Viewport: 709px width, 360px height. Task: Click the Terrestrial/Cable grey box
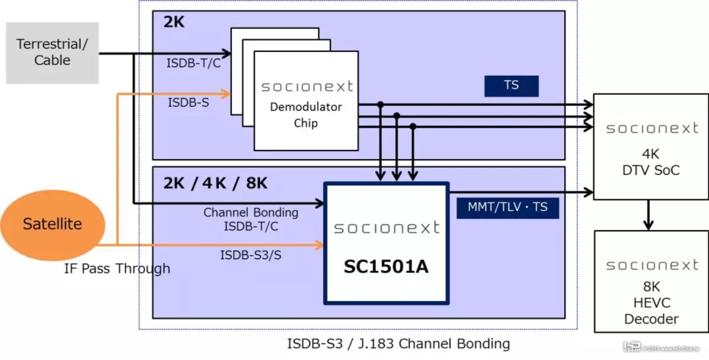tap(52, 53)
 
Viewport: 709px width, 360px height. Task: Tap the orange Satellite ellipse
tap(52, 224)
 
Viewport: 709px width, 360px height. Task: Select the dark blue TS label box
tap(511, 86)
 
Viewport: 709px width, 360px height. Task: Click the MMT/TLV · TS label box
tap(508, 208)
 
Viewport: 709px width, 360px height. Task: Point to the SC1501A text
tap(386, 267)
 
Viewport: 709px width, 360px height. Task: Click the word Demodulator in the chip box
tap(306, 107)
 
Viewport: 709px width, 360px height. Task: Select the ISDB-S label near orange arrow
tap(188, 103)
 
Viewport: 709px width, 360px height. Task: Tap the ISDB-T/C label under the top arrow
tap(194, 64)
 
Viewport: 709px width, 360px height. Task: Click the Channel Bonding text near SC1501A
tap(250, 213)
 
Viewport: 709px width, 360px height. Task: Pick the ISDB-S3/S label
tap(250, 255)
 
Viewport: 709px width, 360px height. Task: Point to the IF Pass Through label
tap(117, 268)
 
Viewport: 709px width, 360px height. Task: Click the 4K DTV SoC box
tap(651, 147)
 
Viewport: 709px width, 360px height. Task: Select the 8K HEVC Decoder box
tap(651, 282)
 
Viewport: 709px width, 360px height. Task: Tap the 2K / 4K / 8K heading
tap(215, 183)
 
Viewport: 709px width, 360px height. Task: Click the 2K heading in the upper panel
tap(174, 22)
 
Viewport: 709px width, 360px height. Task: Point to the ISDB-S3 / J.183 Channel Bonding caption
tap(398, 344)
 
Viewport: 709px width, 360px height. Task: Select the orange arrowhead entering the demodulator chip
tap(226, 94)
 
